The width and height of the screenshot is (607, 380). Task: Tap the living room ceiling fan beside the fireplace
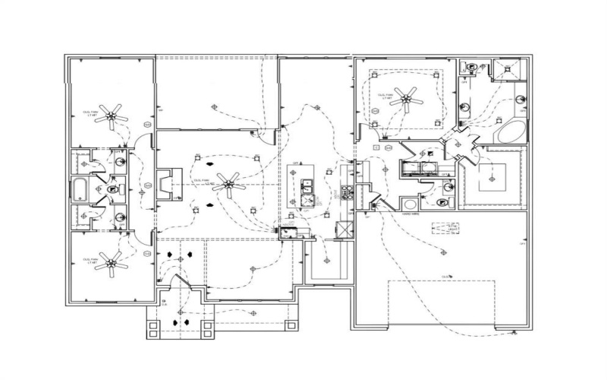coord(228,182)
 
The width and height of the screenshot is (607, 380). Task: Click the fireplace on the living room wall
coord(164,185)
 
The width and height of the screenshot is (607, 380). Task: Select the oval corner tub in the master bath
coord(510,131)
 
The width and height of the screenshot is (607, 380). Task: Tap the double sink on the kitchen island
coord(309,193)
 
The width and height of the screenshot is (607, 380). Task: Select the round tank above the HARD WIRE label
coord(409,204)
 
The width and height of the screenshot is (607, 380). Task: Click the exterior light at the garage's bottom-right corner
coord(516,332)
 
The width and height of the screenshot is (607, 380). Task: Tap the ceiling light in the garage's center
coord(448,275)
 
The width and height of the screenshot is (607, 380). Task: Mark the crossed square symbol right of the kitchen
coord(343,230)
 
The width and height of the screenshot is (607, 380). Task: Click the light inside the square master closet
coord(491,178)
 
